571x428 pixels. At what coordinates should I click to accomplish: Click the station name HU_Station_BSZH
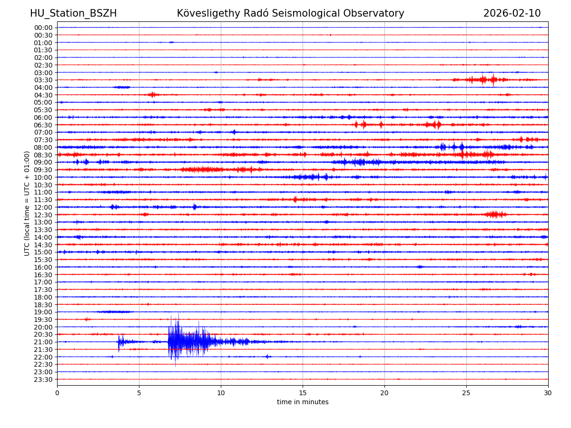tap(73, 13)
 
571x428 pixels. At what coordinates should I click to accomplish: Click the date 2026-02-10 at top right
tap(512, 13)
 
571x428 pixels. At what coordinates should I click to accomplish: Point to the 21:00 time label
tap(43, 342)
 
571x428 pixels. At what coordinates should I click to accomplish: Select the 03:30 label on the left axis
tap(43, 80)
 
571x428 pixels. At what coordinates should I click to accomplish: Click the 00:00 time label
tap(43, 28)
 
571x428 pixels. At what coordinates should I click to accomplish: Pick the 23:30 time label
tap(43, 379)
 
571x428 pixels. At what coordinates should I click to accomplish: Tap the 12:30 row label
tap(43, 215)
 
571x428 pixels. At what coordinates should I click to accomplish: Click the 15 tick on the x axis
tap(303, 393)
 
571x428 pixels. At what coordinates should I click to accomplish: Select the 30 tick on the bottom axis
tap(548, 393)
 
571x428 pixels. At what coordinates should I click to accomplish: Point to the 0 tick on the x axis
tap(57, 393)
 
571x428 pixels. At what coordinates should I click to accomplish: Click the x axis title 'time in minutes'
tap(303, 402)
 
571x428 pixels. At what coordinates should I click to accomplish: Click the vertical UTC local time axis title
tap(27, 203)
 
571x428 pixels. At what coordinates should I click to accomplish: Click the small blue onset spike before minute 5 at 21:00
tap(119, 341)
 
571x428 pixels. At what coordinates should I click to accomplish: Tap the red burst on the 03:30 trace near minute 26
tap(483, 79)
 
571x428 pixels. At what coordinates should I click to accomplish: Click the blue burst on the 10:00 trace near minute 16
tap(309, 177)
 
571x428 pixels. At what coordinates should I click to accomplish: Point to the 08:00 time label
tap(43, 147)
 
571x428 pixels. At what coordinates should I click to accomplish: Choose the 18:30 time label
tap(43, 304)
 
